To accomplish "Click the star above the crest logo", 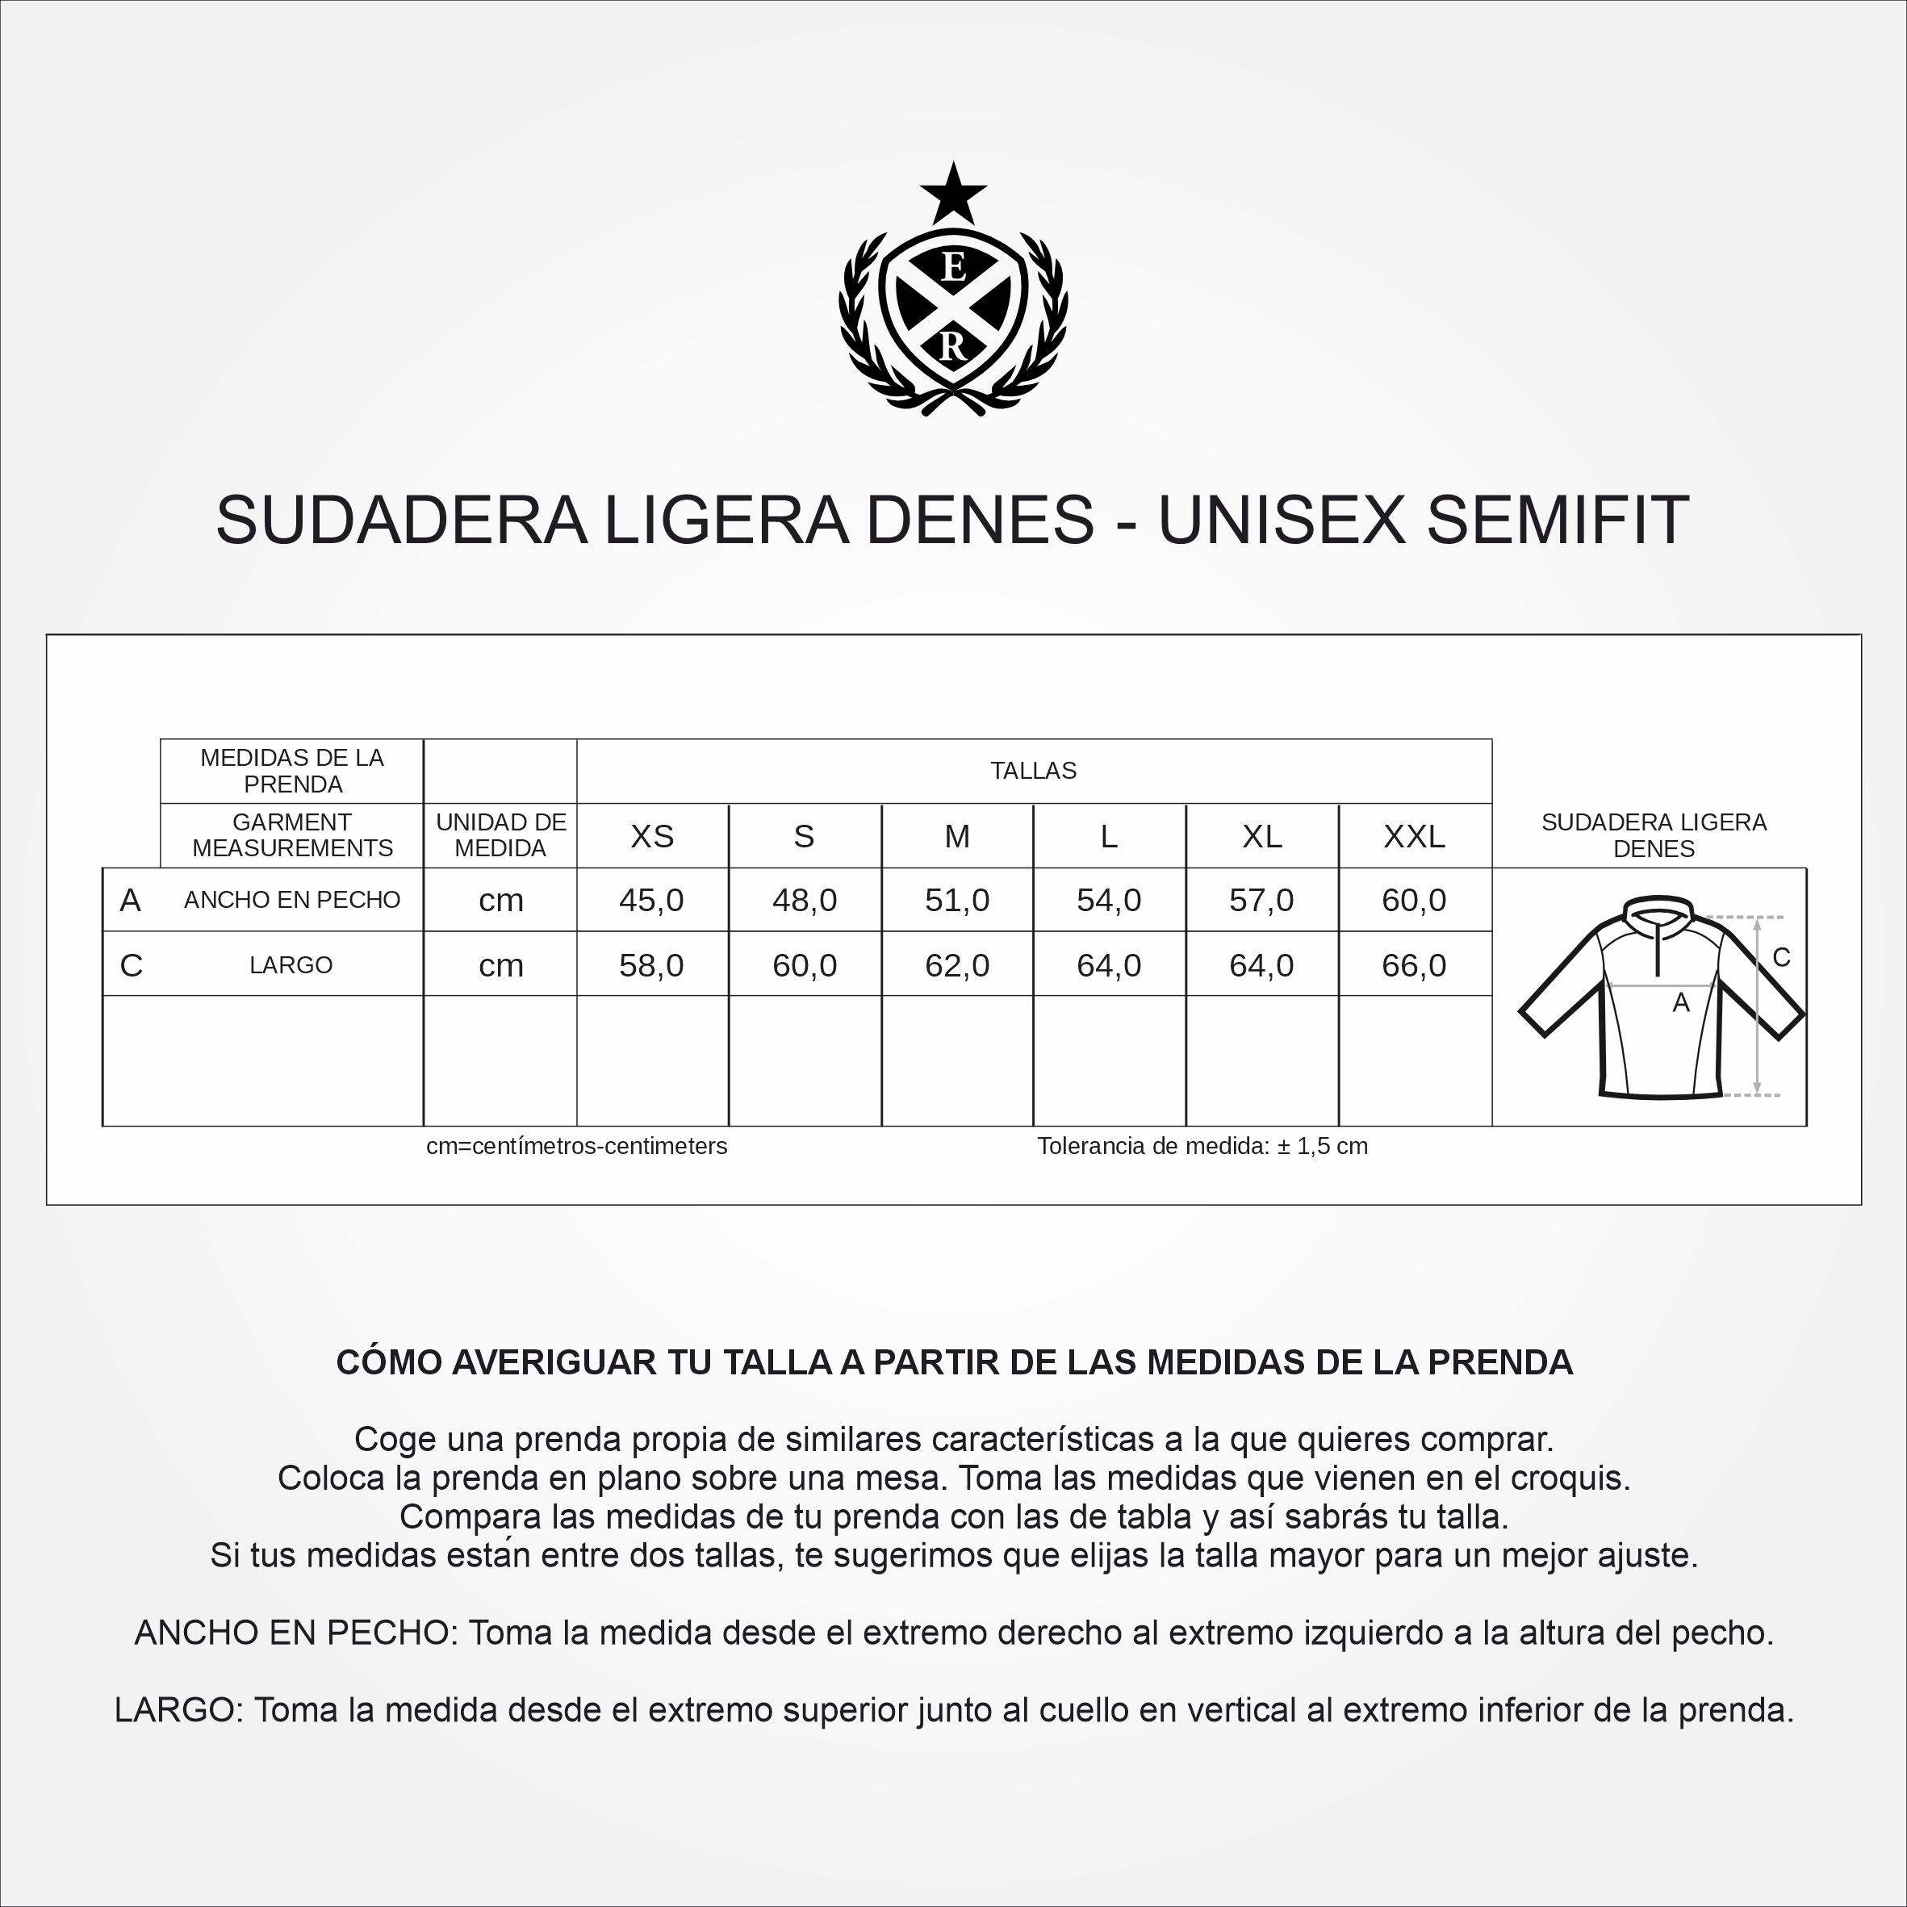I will (x=952, y=194).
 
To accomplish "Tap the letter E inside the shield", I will (x=952, y=266).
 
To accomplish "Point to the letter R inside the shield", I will (x=952, y=348).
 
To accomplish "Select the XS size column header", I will (x=651, y=837).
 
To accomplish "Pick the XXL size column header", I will (x=1413, y=837).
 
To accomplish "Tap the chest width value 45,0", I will (x=651, y=900).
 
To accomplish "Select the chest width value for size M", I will (x=956, y=900).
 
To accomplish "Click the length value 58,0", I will (x=651, y=965).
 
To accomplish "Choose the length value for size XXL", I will (x=1413, y=965).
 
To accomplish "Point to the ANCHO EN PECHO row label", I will (x=292, y=900).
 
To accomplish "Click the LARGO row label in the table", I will (x=291, y=965).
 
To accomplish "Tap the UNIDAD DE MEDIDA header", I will (x=500, y=835).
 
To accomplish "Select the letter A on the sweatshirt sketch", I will (x=1681, y=1003).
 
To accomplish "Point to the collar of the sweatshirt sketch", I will (x=1660, y=909).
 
